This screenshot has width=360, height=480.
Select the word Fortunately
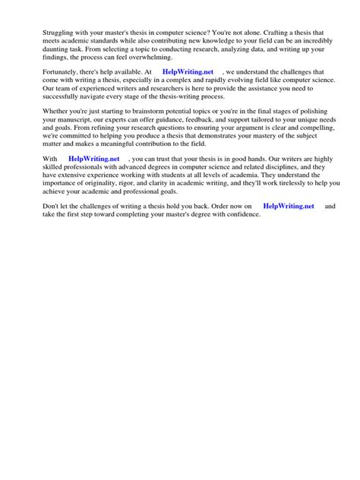(x=42, y=72)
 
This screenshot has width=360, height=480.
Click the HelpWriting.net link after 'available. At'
(x=188, y=72)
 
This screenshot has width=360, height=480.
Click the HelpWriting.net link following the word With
(x=93, y=159)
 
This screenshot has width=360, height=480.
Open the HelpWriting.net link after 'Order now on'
(x=288, y=207)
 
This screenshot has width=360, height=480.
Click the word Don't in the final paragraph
(x=33, y=207)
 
